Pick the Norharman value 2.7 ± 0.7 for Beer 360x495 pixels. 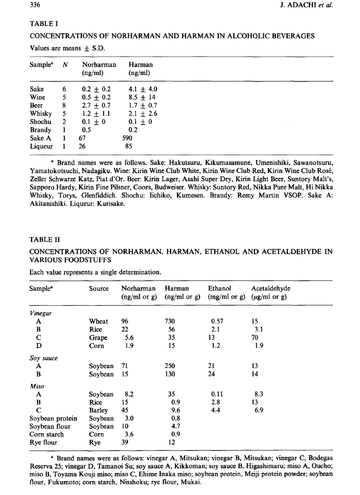click(x=94, y=106)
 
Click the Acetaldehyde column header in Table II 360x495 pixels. click(x=271, y=288)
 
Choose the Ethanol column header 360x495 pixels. click(x=220, y=288)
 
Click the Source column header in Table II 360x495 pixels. click(x=99, y=288)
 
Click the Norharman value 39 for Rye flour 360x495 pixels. click(x=125, y=442)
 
